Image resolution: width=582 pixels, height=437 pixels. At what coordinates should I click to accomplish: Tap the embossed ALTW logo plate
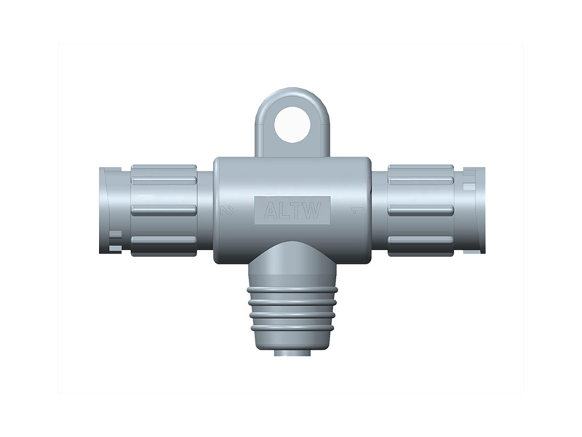(291, 211)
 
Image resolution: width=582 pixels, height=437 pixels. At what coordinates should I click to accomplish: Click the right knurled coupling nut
(420, 210)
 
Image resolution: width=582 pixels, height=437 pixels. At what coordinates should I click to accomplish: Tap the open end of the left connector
(104, 210)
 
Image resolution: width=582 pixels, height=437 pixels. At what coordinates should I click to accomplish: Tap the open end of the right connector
(479, 210)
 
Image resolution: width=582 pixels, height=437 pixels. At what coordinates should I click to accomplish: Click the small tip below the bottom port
(291, 353)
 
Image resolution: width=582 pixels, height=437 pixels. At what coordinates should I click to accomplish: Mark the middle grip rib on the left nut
(164, 210)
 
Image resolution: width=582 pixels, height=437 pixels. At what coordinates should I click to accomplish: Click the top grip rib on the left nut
(164, 175)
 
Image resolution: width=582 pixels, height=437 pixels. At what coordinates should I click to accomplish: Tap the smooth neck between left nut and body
(206, 210)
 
